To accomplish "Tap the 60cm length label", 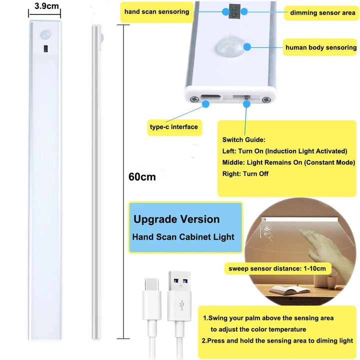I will pyautogui.click(x=141, y=176).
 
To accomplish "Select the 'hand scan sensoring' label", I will pyautogui.click(x=156, y=12).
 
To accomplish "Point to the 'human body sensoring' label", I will pyautogui.click(x=320, y=47).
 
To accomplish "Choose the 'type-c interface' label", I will pyautogui.click(x=173, y=126).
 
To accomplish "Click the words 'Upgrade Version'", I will pyautogui.click(x=176, y=219).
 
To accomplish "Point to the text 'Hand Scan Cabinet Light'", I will pyautogui.click(x=183, y=237).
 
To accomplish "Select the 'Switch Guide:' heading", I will pyautogui.click(x=243, y=139).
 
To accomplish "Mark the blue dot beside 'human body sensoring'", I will pyautogui.click(x=246, y=46).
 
